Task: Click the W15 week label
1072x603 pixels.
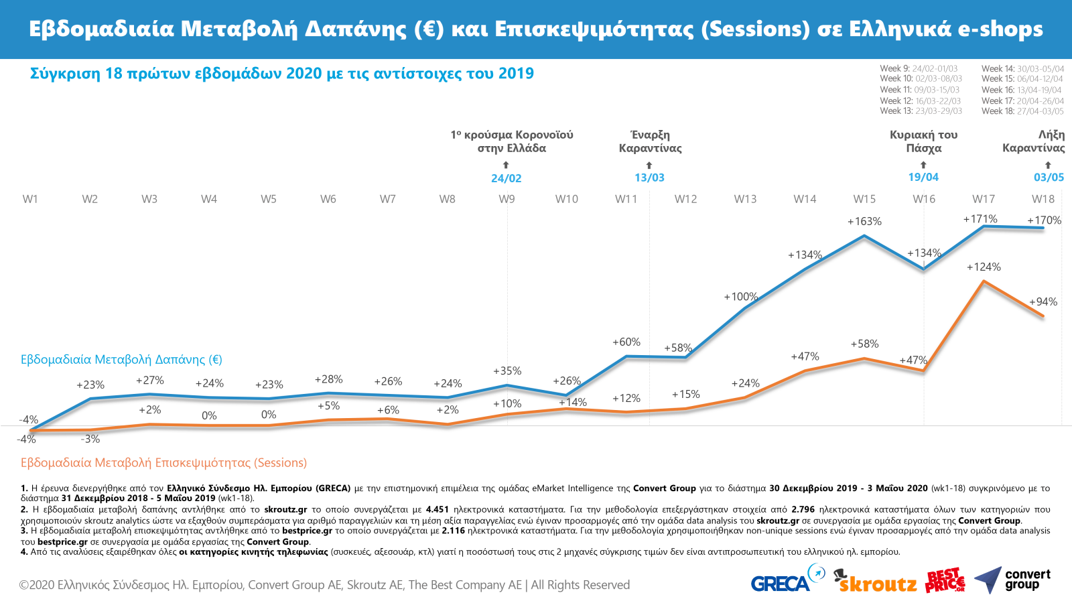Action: [x=864, y=199]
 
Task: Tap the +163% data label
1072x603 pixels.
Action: [x=864, y=221]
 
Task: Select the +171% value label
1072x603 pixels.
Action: [x=980, y=219]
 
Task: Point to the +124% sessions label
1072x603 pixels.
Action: [x=984, y=267]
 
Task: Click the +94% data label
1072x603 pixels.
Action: [x=1043, y=301]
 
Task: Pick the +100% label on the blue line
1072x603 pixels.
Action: [x=740, y=296]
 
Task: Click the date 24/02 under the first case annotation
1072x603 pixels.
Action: [x=506, y=178]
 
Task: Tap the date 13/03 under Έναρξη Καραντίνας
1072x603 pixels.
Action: [x=649, y=178]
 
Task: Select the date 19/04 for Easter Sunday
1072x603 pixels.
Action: [x=923, y=177]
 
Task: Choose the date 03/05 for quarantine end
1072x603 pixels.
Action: [x=1049, y=178]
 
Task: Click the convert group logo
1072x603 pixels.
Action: [x=1012, y=580]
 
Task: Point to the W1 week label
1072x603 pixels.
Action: [x=30, y=199]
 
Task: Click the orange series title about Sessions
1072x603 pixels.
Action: [x=163, y=462]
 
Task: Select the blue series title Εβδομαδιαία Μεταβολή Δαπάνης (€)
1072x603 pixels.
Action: [x=121, y=359]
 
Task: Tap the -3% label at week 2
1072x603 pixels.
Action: [x=90, y=439]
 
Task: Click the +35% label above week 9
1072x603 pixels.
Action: [x=507, y=371]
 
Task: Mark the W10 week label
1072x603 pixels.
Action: [x=566, y=199]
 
